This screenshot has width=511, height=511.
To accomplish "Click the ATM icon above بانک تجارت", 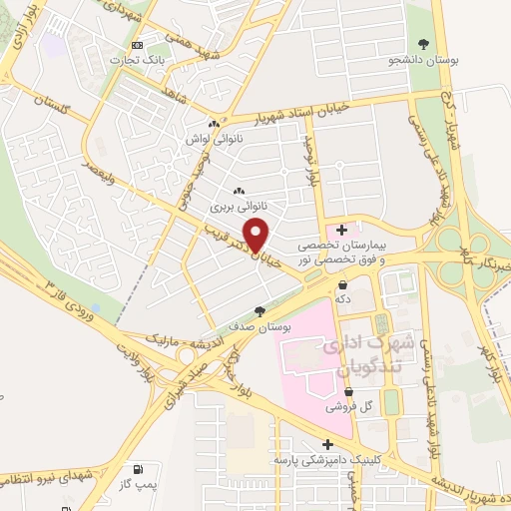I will tap(138, 45).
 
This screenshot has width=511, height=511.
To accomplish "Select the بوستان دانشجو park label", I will tap(425, 61).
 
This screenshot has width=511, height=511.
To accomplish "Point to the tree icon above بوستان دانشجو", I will tap(425, 44).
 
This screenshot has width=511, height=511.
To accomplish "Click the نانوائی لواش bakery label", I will tap(208, 140).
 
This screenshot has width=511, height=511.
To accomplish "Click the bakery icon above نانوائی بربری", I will tap(238, 192).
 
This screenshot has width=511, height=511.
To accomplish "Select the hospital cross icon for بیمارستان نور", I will tap(341, 230).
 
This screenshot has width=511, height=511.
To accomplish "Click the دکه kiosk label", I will tap(344, 298).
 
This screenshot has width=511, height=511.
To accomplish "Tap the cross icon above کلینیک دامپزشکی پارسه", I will tap(327, 445).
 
